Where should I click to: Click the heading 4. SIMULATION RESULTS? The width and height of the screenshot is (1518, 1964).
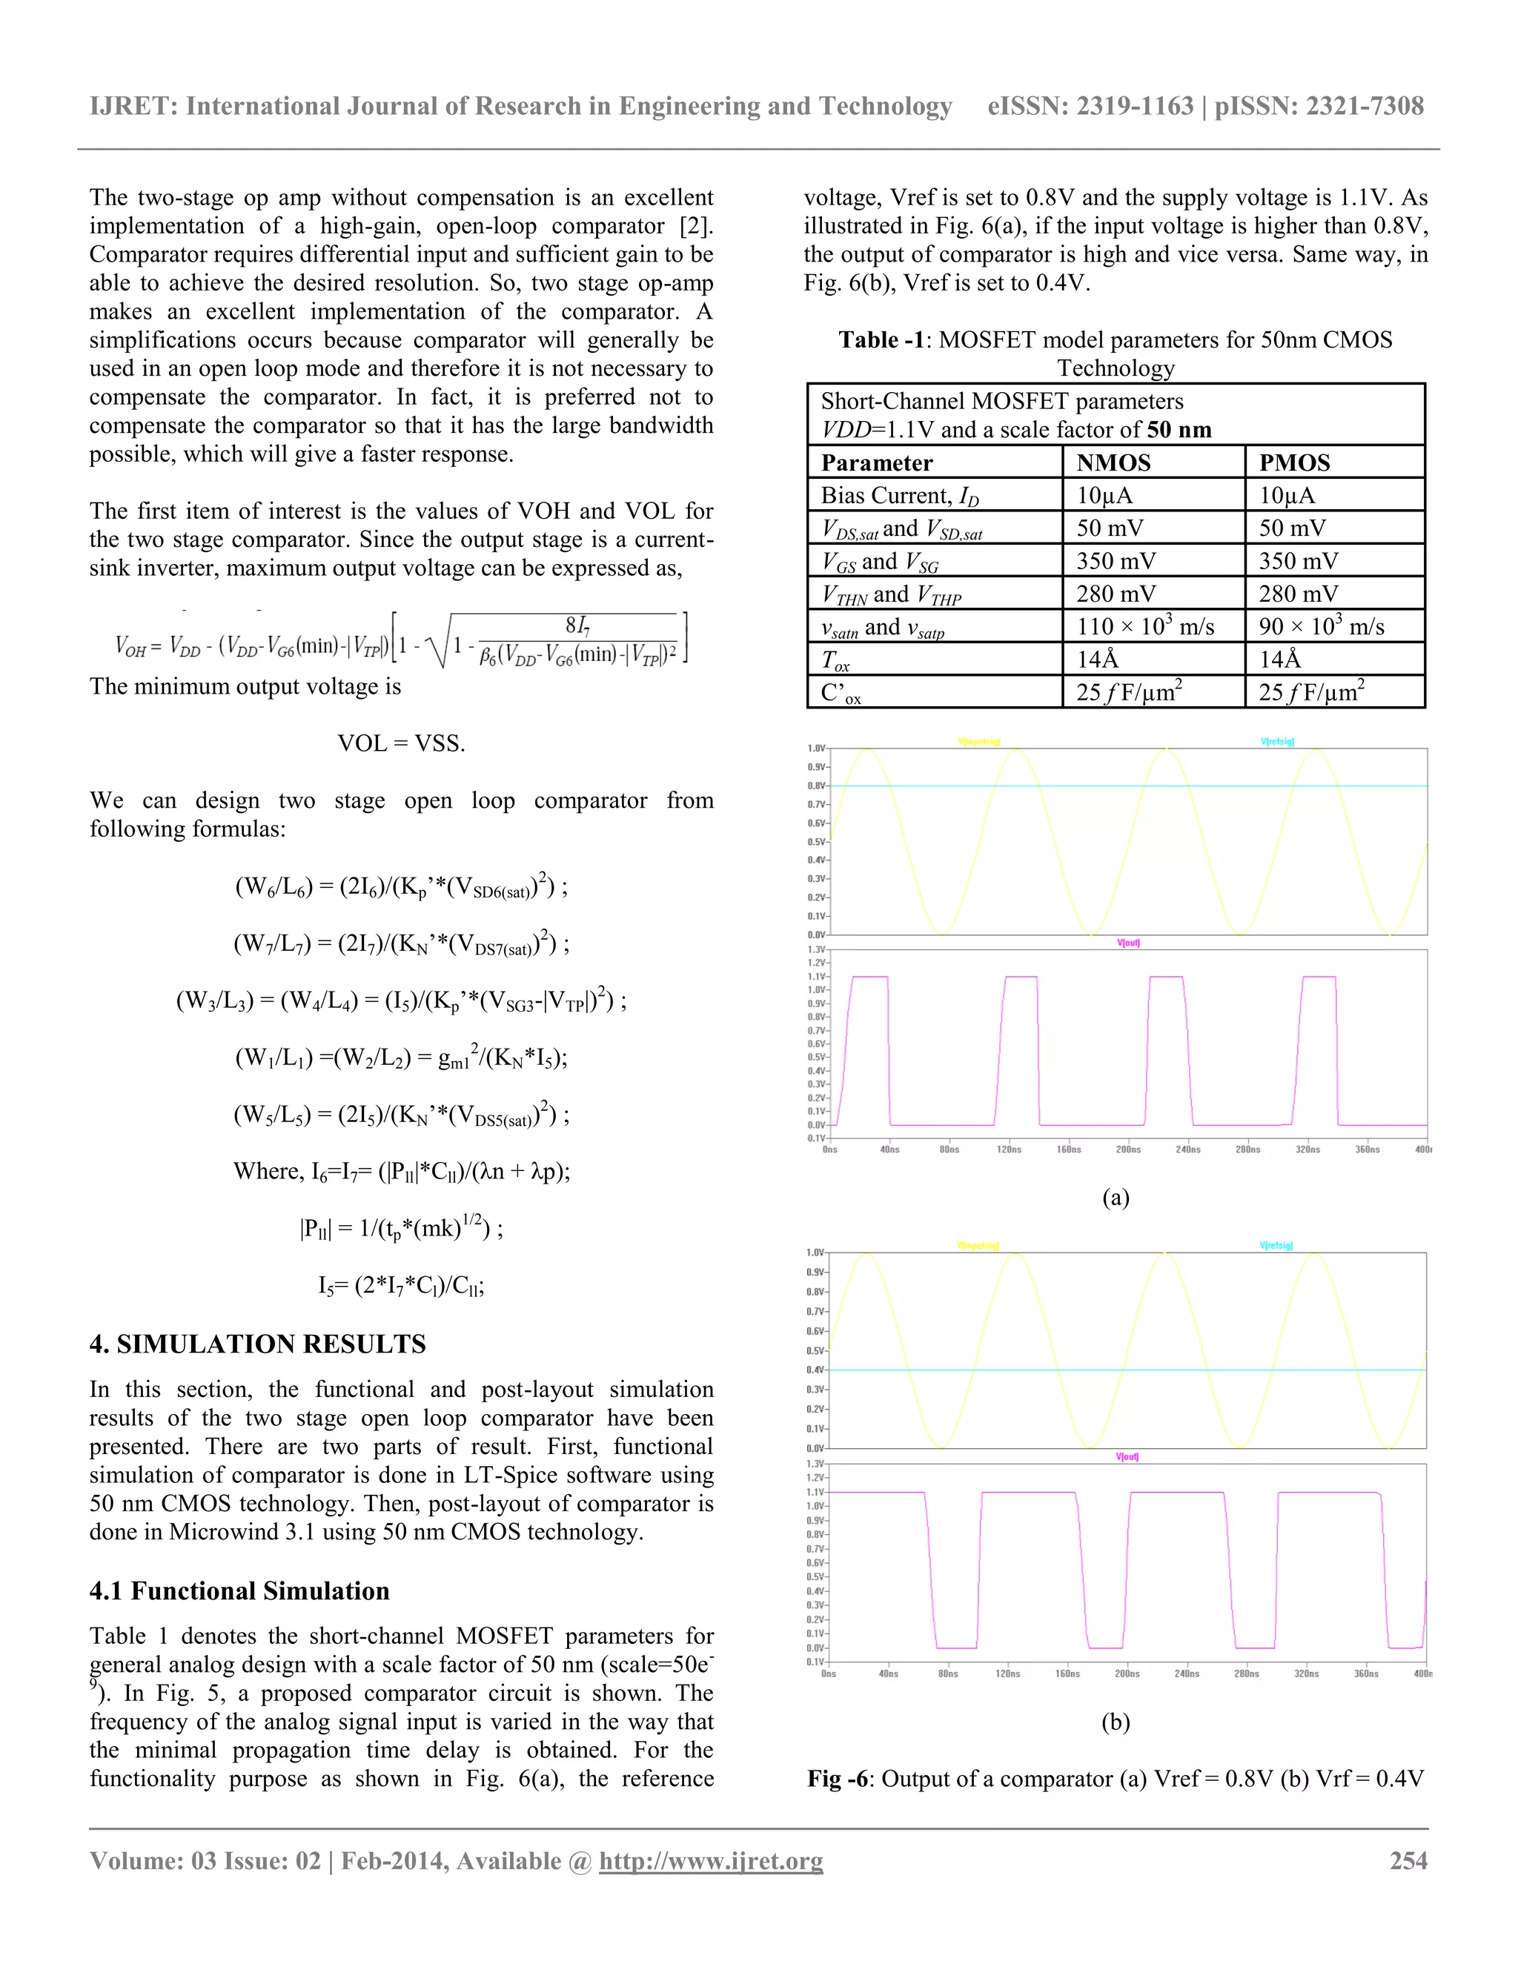coord(257,1344)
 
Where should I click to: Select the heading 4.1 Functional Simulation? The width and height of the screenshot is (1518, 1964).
coord(239,1590)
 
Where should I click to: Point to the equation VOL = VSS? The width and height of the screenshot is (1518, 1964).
coord(401,743)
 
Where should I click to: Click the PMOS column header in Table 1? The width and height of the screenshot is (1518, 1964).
coord(1294,462)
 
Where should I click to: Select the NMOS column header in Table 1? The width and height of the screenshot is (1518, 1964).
coord(1113,462)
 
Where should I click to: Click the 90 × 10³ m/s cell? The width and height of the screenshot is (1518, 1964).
coord(1321,627)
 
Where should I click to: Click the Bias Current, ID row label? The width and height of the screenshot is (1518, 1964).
coord(899,496)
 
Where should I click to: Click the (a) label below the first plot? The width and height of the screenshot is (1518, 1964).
coord(1115,1197)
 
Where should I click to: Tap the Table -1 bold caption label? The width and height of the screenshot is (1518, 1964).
coord(881,340)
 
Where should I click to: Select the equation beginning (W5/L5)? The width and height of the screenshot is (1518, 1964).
coord(401,1115)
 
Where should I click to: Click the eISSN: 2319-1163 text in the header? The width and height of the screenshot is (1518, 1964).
coord(1089,107)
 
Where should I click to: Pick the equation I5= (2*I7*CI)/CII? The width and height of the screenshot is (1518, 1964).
coord(401,1285)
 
